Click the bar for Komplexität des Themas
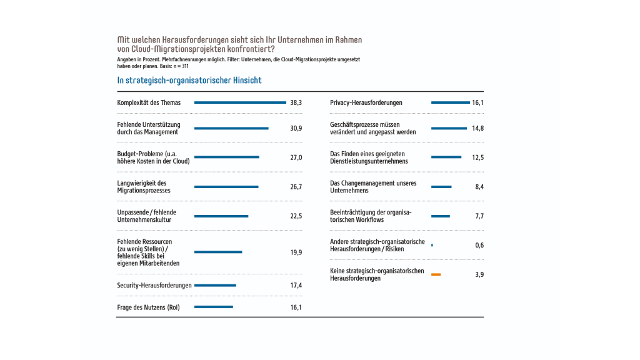[240, 102]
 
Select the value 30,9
[296, 128]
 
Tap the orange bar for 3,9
[436, 274]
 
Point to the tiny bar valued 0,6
[432, 245]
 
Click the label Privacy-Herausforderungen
[366, 102]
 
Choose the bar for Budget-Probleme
[226, 157]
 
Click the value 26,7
[296, 187]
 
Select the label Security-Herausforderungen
[154, 286]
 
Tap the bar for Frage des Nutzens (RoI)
[213, 307]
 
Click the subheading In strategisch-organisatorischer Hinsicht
[189, 81]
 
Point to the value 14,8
[477, 128]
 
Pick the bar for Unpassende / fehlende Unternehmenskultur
[221, 216]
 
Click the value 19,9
[296, 252]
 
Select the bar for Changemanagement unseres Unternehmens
[441, 187]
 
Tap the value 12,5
[477, 157]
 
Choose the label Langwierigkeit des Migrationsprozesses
[143, 187]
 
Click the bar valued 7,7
[440, 216]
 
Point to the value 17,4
[296, 286]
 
